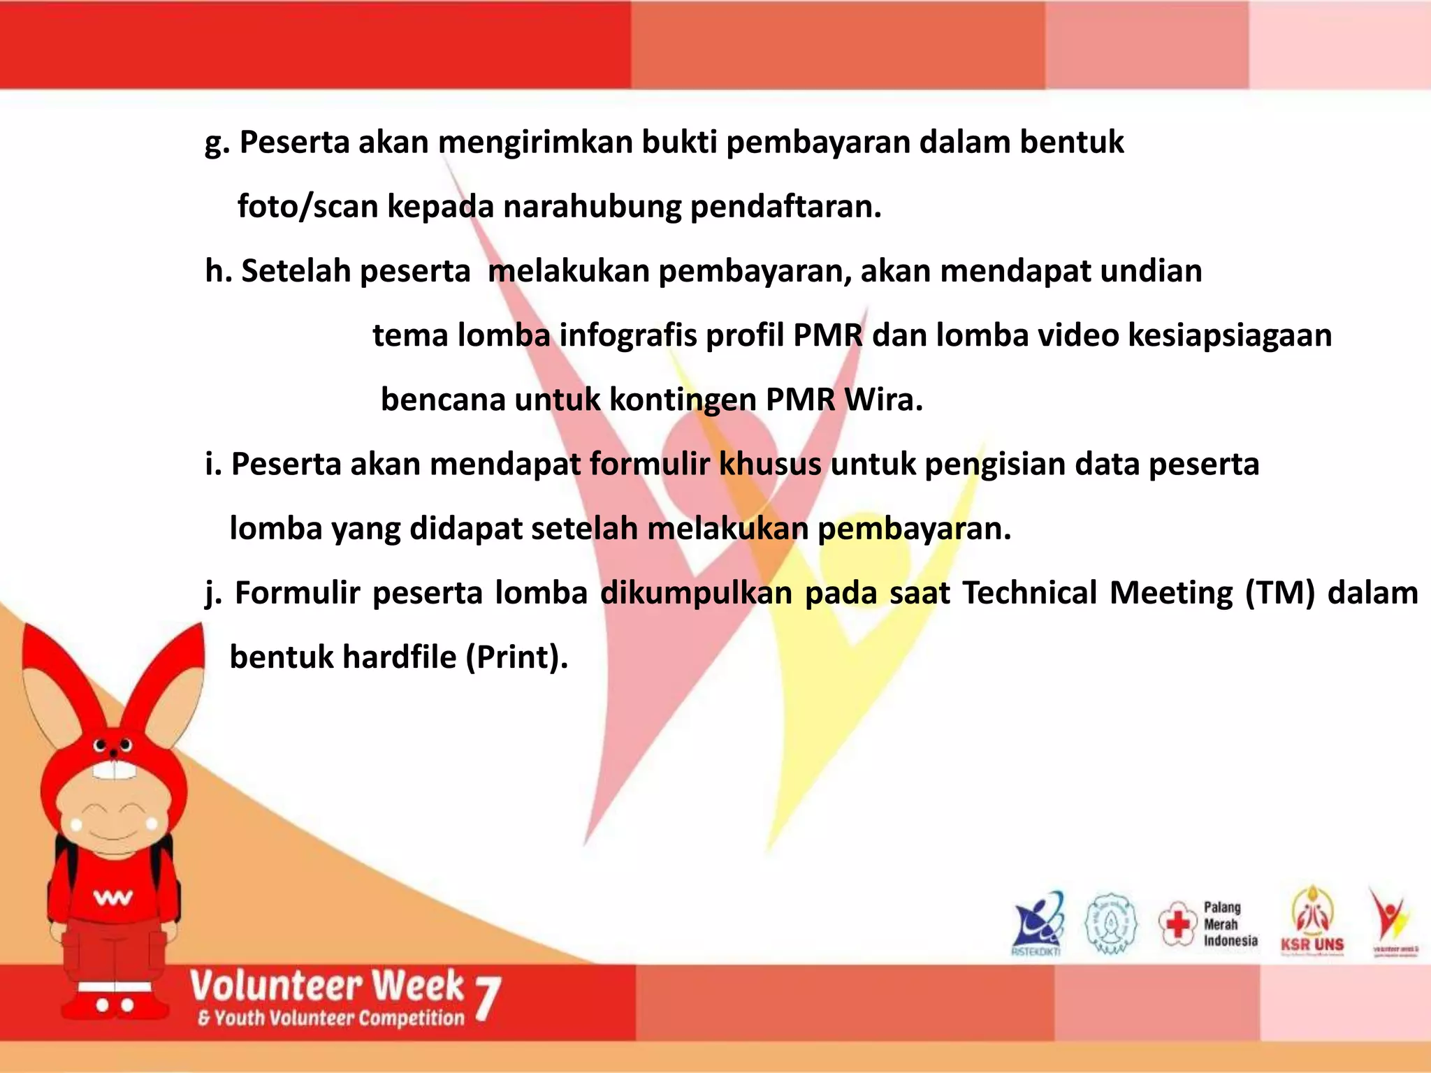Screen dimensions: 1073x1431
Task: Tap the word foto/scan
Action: tap(307, 207)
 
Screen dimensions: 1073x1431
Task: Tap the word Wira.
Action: tap(883, 400)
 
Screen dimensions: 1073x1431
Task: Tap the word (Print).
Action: tap(516, 657)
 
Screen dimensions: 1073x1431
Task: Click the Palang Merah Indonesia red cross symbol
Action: tap(1177, 923)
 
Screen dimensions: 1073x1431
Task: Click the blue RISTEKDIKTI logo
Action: tap(1038, 923)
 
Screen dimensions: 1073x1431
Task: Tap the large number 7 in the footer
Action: tap(488, 1000)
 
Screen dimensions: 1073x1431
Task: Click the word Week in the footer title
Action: tap(417, 986)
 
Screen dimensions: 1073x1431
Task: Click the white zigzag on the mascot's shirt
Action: tap(112, 898)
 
